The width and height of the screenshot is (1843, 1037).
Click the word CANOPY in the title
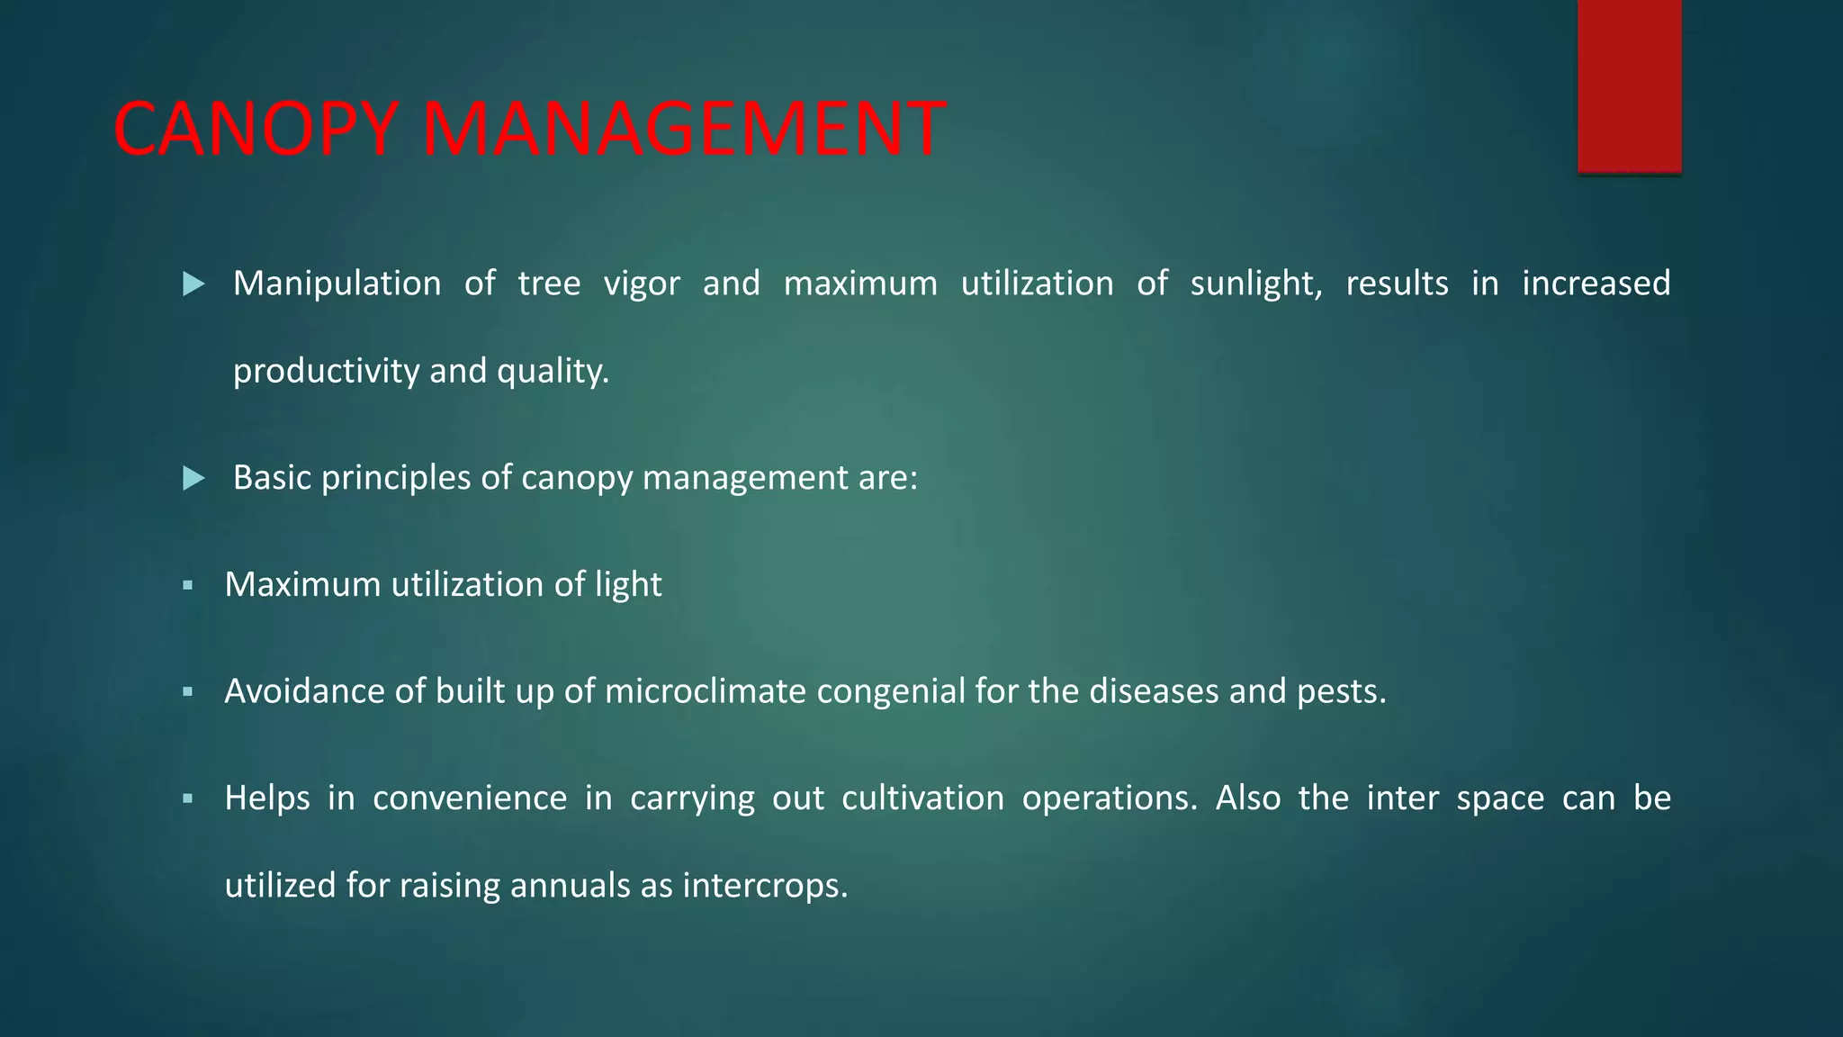256,129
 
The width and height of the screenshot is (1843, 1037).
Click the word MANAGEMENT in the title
683,129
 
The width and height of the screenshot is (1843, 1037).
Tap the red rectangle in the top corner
1629,86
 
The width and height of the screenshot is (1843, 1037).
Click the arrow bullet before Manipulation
193,284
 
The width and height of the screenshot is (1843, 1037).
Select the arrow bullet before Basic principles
193,478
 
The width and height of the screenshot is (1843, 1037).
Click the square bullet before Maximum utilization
187,585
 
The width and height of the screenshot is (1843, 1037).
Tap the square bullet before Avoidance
187,692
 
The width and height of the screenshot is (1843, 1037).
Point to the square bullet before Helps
187,798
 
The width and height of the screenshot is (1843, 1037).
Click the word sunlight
1255,284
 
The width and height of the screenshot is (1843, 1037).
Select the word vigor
642,284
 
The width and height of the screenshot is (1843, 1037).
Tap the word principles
396,478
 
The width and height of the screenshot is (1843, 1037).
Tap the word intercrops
765,886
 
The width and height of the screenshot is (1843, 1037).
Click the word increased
1596,284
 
